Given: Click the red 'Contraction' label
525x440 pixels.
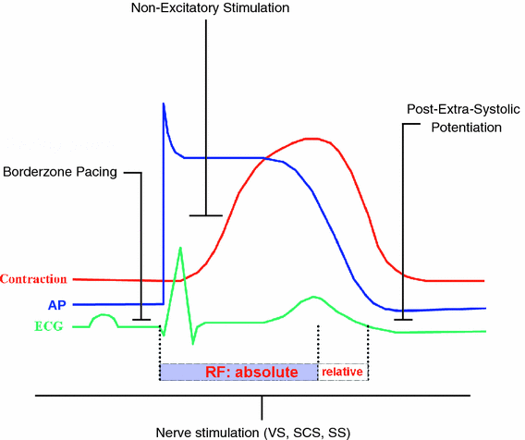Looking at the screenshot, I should (x=34, y=279).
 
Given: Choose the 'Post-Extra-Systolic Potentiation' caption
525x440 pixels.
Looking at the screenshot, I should (x=455, y=117).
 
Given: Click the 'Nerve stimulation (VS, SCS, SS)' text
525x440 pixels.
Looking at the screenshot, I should (x=262, y=432).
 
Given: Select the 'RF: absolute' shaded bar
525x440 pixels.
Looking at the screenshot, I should (x=238, y=372).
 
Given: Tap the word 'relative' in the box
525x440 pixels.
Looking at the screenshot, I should (x=343, y=372).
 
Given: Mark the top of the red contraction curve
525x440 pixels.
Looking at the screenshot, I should (x=315, y=139).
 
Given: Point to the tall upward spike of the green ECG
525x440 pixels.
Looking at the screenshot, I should (x=181, y=247).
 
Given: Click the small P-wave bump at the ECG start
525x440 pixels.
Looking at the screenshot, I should (x=103, y=316).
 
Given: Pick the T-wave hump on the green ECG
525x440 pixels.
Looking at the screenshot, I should (x=315, y=298).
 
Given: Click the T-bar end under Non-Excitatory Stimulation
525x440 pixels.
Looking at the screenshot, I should (x=205, y=215).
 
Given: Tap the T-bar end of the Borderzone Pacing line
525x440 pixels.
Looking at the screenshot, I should (x=141, y=321).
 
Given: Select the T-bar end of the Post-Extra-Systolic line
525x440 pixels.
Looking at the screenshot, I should (x=403, y=320).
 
